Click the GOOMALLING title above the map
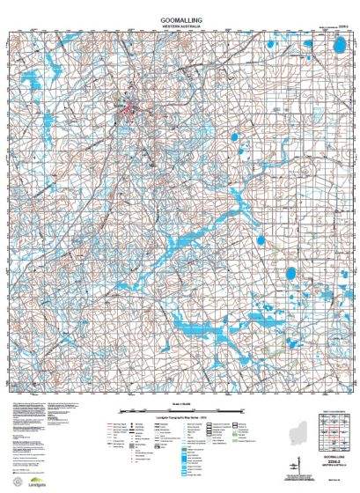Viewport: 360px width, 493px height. point(180,17)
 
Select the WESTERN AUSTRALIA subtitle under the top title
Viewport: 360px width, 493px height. point(180,26)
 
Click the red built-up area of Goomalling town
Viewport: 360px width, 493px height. point(132,111)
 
